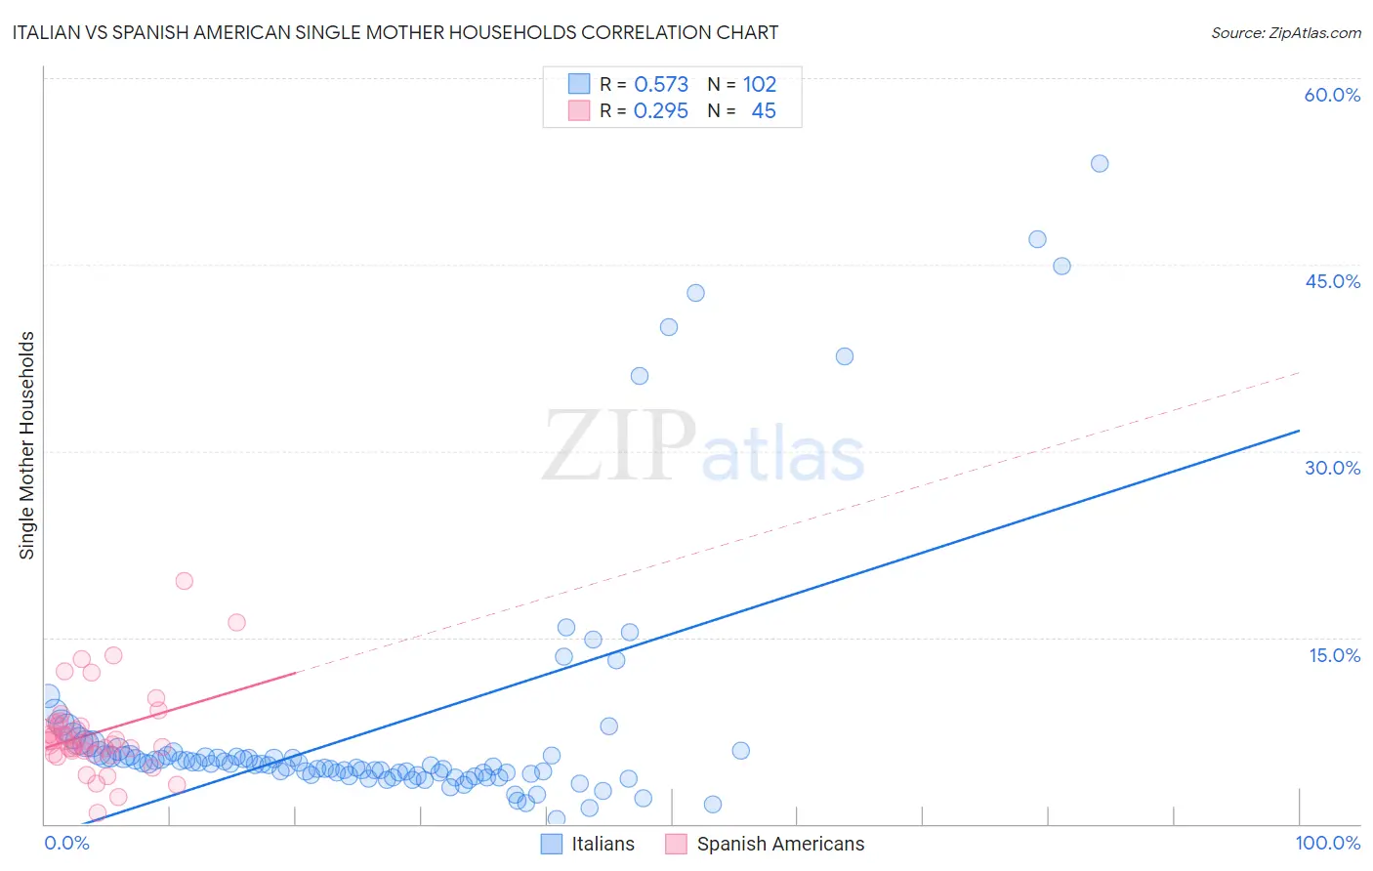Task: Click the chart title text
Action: (x=395, y=32)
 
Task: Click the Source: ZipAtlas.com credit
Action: (x=1285, y=32)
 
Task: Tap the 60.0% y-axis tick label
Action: (x=1332, y=95)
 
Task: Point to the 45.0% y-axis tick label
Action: (x=1332, y=281)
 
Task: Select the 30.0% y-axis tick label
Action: (x=1332, y=468)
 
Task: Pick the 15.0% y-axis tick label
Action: (x=1334, y=655)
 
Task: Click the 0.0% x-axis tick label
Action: (x=66, y=843)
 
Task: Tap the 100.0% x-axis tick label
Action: (x=1327, y=843)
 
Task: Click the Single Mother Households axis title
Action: (x=27, y=445)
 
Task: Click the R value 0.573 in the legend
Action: (x=661, y=85)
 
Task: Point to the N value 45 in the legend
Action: (x=764, y=111)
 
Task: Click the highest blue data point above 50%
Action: (x=1100, y=164)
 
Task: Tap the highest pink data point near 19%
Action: (x=184, y=581)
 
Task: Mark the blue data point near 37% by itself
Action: (x=845, y=356)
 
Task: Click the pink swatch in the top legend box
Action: (x=579, y=110)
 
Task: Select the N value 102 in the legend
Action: (x=760, y=85)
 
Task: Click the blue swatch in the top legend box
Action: (x=579, y=84)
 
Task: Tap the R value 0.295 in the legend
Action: (x=661, y=111)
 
